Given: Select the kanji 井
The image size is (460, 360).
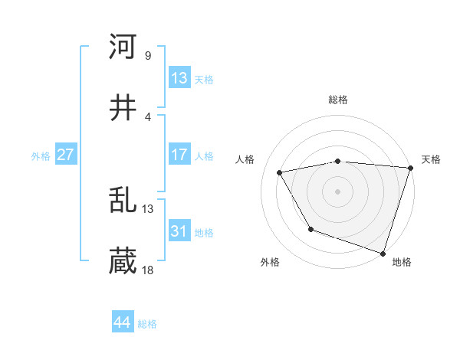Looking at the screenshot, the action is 123,109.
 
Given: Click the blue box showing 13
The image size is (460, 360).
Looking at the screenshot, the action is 179,78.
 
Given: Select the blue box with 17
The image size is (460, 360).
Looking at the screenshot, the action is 179,155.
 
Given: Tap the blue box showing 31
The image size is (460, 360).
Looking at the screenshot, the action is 179,231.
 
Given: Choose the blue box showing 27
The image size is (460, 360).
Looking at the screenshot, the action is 65,155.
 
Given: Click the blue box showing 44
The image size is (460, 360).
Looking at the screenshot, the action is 123,322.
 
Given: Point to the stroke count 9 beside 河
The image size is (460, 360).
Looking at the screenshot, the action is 147,55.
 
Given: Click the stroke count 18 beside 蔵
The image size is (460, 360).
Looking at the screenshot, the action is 148,270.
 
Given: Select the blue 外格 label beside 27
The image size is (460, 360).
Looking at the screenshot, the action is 41,156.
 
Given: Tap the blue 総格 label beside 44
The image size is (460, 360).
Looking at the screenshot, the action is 147,324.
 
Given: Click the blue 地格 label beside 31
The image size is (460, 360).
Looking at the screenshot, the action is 204,233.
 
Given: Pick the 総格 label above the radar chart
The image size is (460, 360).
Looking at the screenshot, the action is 338,100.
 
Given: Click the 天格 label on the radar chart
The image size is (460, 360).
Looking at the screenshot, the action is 432,159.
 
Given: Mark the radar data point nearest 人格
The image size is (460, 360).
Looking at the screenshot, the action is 280,173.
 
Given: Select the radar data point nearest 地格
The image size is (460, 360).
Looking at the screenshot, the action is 383,252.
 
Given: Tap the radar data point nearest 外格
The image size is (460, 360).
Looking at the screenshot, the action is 310,229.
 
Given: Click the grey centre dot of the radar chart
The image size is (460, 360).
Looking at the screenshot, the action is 338,191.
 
